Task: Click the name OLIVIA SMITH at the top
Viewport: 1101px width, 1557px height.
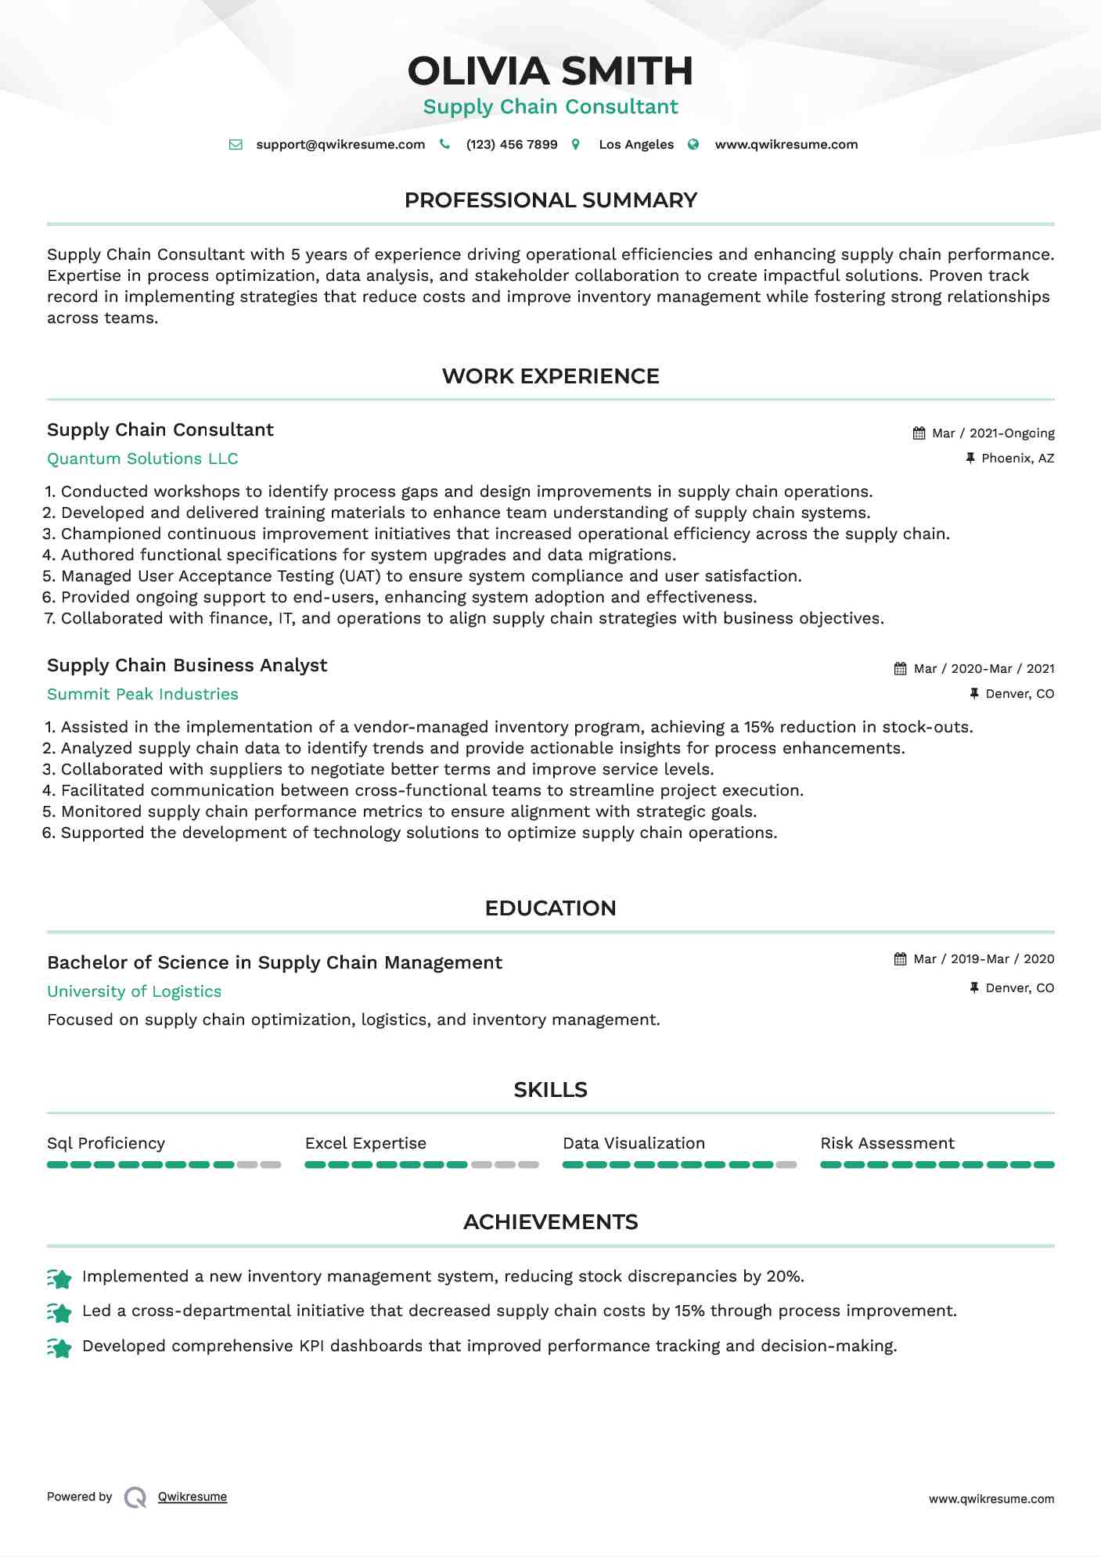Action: (x=550, y=71)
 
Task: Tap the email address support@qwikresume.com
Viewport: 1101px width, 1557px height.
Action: (x=340, y=145)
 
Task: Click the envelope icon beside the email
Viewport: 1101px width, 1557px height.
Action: (x=236, y=145)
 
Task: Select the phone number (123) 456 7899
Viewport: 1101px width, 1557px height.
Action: (x=511, y=145)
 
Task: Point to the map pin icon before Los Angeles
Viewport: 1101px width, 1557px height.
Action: (x=576, y=145)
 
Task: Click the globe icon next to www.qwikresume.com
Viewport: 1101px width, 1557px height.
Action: (x=693, y=145)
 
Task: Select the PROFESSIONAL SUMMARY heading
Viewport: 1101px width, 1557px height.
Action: (x=550, y=200)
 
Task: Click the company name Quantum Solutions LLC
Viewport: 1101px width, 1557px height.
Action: (x=142, y=459)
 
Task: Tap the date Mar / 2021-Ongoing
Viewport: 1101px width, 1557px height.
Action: (x=993, y=433)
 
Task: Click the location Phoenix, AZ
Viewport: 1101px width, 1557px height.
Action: (x=1017, y=458)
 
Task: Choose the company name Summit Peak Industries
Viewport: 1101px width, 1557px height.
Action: (x=142, y=695)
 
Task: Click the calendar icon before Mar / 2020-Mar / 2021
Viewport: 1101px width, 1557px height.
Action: (x=900, y=669)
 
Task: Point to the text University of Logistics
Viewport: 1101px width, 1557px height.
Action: (x=134, y=992)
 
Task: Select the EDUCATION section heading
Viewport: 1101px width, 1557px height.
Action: (x=550, y=908)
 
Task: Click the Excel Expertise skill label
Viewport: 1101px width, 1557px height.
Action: (x=365, y=1144)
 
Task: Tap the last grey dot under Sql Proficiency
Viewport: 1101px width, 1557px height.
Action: (x=271, y=1165)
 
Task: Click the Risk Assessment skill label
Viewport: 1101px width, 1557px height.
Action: (x=887, y=1144)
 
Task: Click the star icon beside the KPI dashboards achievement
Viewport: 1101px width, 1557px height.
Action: (x=59, y=1347)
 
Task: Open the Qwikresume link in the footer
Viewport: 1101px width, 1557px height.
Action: (x=192, y=1497)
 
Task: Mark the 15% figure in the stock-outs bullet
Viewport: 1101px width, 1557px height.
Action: (x=758, y=728)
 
